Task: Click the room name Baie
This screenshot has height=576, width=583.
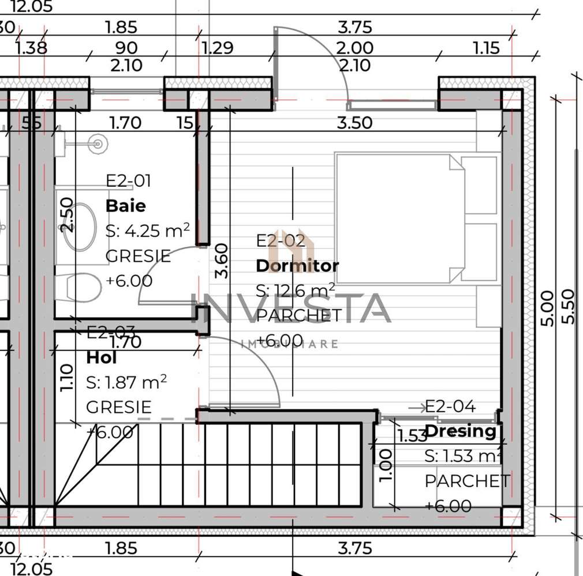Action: (x=125, y=206)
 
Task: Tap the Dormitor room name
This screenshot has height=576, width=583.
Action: (x=297, y=266)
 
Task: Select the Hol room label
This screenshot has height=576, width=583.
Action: (x=102, y=357)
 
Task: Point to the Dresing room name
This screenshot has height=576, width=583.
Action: (x=461, y=431)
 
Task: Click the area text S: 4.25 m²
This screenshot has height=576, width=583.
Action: (x=147, y=231)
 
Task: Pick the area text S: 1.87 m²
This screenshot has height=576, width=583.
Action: (x=126, y=382)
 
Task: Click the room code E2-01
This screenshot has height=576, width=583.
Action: (x=128, y=181)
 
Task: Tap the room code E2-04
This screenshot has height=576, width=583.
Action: (x=450, y=407)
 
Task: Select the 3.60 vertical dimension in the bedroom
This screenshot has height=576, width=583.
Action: (x=222, y=261)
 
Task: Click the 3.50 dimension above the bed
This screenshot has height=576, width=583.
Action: (x=354, y=123)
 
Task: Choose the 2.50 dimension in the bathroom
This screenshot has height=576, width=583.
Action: (x=67, y=214)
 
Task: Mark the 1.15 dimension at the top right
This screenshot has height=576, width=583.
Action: (x=486, y=48)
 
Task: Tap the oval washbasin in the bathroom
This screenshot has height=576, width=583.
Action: (x=80, y=226)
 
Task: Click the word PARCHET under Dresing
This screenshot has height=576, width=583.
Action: (x=467, y=481)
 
